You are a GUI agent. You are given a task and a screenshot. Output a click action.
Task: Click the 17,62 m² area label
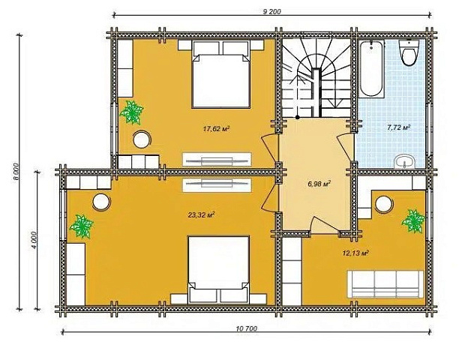click(217, 129)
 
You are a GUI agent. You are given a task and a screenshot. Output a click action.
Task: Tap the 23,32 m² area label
click(202, 215)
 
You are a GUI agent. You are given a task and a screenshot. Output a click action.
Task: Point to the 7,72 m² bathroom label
click(399, 127)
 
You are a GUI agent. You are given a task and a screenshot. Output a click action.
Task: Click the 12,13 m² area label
click(355, 253)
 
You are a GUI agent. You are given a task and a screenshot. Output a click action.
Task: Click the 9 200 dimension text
click(272, 12)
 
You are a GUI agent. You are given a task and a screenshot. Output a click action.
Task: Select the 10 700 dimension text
click(246, 328)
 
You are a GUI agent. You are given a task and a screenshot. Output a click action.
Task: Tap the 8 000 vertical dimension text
click(16, 172)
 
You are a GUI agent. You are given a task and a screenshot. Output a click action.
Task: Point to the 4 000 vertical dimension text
click(34, 240)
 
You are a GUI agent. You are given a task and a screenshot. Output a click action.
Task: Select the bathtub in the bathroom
click(371, 68)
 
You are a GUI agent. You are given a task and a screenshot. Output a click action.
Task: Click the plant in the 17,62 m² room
click(131, 112)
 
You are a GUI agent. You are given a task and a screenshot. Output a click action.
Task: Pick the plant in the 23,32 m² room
click(81, 226)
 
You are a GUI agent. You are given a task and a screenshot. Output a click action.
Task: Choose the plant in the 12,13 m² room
click(413, 221)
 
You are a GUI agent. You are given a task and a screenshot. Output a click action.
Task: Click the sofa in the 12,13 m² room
click(385, 284)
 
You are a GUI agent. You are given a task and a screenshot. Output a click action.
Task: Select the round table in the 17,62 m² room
click(142, 139)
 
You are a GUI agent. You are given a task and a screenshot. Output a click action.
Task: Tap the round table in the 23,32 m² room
click(101, 202)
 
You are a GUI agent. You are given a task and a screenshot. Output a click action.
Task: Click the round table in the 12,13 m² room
click(384, 204)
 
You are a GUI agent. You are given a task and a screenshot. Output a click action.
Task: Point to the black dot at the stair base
click(298, 117)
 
